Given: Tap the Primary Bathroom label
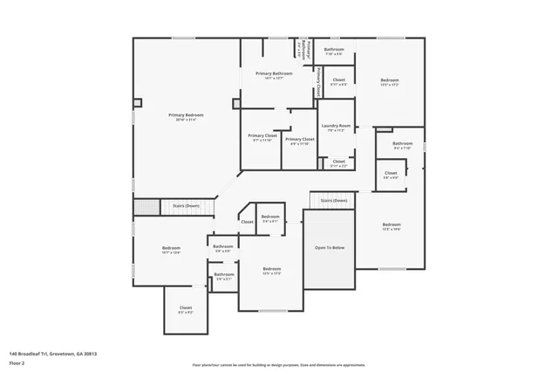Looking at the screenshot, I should [274, 73].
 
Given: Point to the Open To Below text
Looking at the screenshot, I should [330, 248].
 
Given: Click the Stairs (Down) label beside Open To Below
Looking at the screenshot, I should [333, 200].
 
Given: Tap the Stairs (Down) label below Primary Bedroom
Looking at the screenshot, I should [185, 206].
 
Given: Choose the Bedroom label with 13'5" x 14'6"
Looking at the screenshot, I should [391, 225].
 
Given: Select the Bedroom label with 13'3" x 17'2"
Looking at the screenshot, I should [389, 82].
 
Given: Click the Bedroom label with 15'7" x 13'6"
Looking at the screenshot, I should [171, 249].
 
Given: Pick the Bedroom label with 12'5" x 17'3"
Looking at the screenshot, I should [272, 269].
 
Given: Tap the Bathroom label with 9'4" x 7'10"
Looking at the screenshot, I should [402, 143].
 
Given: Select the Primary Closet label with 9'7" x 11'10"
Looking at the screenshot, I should [262, 135].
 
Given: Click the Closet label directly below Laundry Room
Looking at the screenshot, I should [338, 162].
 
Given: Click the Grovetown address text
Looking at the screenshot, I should [52, 354].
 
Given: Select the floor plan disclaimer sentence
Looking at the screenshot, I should [278, 365].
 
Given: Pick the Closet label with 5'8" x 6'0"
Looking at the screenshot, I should [391, 173].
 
